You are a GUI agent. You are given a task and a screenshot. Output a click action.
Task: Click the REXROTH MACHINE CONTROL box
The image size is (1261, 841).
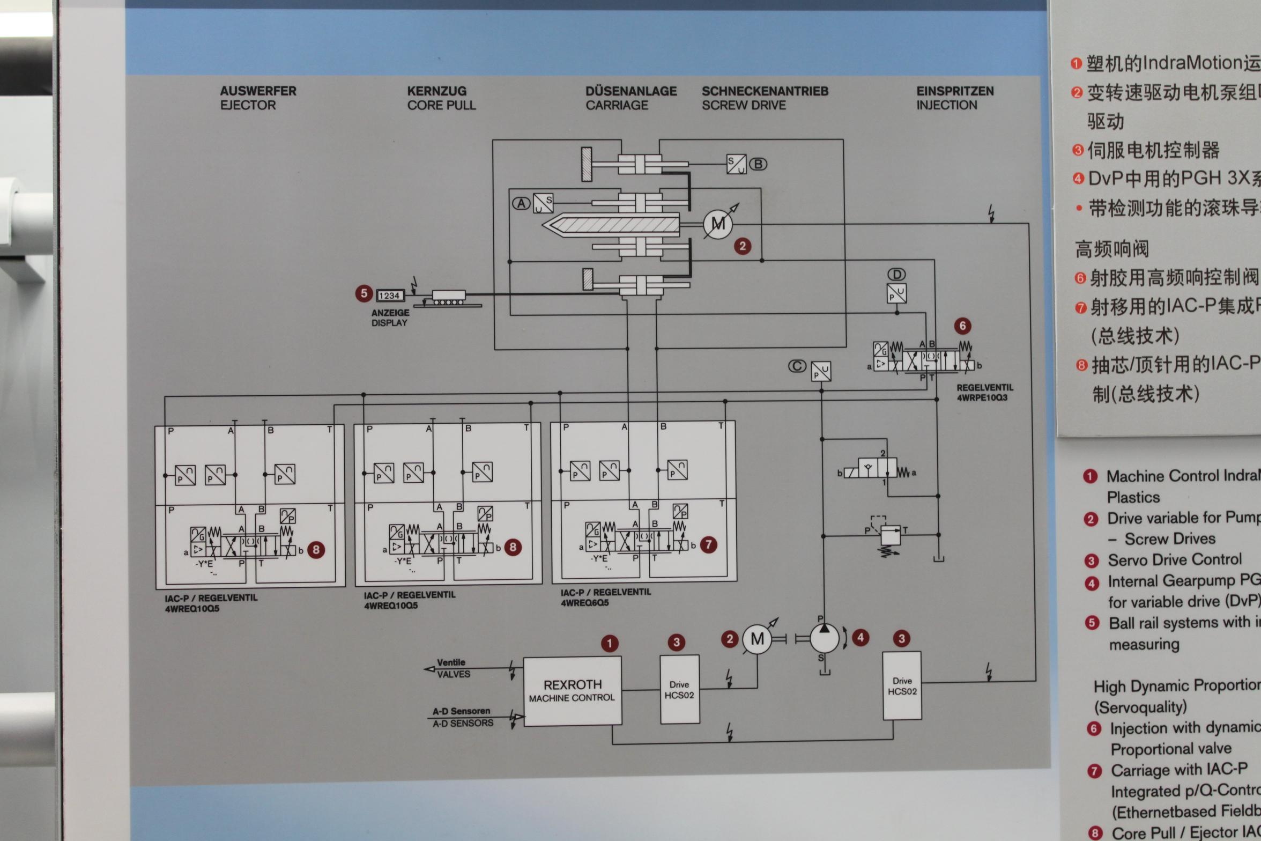pyautogui.click(x=572, y=691)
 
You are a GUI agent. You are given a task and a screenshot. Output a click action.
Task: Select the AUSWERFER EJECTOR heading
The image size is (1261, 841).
pyautogui.click(x=258, y=98)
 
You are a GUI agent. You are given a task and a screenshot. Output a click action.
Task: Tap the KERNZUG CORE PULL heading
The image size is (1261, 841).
pyautogui.click(x=441, y=98)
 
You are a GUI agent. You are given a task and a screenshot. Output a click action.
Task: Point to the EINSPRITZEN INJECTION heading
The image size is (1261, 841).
pyautogui.click(x=954, y=98)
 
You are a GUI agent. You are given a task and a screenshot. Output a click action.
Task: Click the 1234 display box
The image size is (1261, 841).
pyautogui.click(x=390, y=296)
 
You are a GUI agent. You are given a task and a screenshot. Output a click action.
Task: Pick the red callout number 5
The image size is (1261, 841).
pyautogui.click(x=364, y=293)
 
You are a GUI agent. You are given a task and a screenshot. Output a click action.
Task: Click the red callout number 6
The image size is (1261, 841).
pyautogui.click(x=962, y=326)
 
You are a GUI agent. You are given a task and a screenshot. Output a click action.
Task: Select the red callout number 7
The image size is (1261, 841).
pyautogui.click(x=708, y=545)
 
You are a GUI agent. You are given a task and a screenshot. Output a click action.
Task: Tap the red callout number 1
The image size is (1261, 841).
pyautogui.click(x=609, y=643)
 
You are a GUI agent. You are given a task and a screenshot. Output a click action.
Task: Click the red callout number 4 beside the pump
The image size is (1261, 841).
pyautogui.click(x=861, y=637)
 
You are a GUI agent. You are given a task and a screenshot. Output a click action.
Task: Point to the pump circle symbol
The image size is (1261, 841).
pyautogui.click(x=824, y=638)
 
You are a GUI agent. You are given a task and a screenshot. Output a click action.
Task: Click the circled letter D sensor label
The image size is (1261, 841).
pyautogui.click(x=896, y=275)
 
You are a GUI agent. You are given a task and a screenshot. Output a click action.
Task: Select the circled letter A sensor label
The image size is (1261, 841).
pyautogui.click(x=521, y=204)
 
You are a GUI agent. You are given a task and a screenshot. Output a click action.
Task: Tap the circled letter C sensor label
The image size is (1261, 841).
pyautogui.click(x=797, y=366)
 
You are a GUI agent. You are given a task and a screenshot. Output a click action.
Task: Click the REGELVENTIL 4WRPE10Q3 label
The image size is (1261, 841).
pyautogui.click(x=984, y=393)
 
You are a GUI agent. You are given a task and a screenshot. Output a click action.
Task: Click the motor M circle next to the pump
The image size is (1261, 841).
pyautogui.click(x=757, y=639)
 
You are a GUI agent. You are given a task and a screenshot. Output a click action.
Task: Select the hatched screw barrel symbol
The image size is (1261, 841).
pyautogui.click(x=611, y=224)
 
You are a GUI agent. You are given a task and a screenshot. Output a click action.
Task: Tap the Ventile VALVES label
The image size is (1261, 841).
pyautogui.click(x=452, y=668)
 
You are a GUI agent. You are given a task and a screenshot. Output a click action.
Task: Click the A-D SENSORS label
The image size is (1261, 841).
pyautogui.click(x=462, y=717)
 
